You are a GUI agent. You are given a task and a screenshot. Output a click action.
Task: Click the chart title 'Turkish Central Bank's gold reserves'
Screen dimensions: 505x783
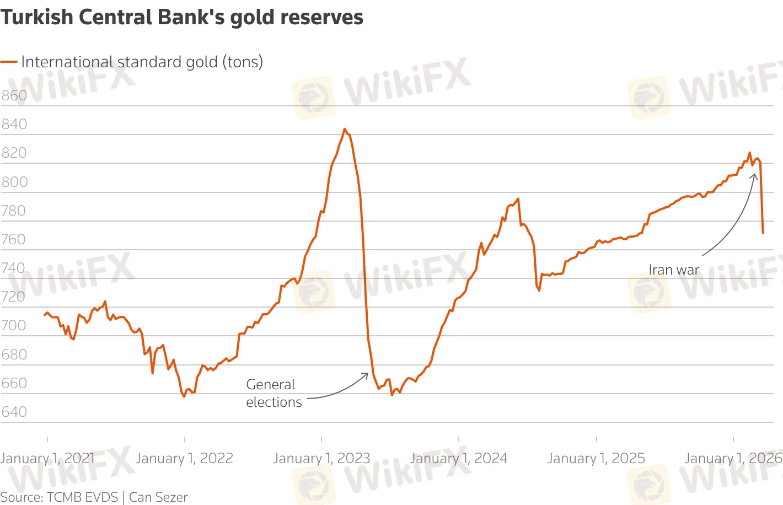182,17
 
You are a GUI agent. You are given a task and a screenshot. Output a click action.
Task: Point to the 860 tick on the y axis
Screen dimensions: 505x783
14,95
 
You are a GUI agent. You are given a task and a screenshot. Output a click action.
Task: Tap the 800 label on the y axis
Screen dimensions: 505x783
14,182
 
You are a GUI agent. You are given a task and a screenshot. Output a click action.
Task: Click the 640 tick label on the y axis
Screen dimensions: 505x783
14,412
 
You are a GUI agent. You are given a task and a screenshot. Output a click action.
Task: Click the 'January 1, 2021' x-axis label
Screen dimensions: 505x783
47,458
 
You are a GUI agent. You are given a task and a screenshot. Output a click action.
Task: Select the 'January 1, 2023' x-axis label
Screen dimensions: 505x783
321,458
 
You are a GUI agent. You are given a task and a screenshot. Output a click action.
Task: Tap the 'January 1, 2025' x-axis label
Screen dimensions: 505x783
596,458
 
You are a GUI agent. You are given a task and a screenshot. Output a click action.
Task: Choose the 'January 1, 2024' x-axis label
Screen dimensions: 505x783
459,458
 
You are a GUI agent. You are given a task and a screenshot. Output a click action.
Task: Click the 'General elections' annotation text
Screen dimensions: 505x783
273,393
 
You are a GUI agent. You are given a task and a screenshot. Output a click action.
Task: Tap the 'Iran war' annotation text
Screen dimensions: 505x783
674,270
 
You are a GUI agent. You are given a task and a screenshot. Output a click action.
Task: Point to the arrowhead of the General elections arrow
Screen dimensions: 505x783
367,374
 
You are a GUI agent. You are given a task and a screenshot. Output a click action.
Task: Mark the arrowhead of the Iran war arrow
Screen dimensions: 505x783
755,174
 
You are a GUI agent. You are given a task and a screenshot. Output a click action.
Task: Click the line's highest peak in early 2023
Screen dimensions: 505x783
345,129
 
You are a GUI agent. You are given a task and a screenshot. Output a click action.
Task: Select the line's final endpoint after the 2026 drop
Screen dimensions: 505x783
763,233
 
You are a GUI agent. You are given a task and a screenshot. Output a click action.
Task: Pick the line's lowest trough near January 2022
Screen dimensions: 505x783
184,397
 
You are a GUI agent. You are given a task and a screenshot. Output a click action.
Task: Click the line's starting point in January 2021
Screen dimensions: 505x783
44,315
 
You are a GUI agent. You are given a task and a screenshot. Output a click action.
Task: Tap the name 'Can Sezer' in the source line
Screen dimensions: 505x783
158,497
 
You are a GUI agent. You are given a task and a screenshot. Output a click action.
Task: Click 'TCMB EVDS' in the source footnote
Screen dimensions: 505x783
83,497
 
